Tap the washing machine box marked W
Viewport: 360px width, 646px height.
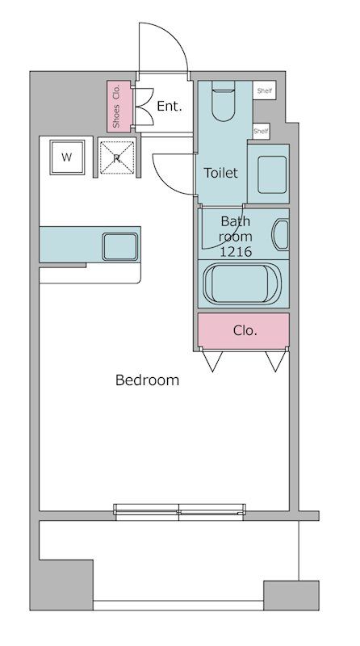66,157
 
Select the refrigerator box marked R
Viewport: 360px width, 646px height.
117,158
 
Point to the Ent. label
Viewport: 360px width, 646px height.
169,106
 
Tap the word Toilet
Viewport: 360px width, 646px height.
220,173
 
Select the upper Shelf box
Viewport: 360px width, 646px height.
264,91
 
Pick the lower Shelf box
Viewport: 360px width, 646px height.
261,130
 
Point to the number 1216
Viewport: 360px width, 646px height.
236,252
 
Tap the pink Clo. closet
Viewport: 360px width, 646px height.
244,329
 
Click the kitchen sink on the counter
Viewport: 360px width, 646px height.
120,245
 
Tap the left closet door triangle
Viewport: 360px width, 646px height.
213,361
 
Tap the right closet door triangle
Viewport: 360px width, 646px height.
274,361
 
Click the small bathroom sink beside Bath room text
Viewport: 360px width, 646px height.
281,235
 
